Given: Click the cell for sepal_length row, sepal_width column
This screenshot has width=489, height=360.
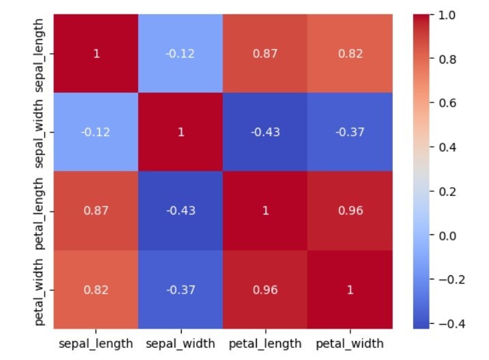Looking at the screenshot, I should tap(180, 53).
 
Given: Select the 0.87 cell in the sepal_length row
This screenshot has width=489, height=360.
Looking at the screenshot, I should tap(265, 53).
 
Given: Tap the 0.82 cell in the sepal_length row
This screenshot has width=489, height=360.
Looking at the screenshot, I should tap(350, 53).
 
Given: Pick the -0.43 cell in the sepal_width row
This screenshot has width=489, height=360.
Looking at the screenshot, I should tap(265, 132).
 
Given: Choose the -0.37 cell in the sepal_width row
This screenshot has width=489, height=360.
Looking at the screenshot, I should tap(350, 132).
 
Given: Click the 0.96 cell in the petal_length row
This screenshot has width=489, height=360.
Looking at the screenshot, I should tap(350, 210).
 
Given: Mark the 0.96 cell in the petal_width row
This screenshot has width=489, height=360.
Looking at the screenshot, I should tap(265, 290).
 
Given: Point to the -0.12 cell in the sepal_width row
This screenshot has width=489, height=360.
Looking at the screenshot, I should tap(96, 132).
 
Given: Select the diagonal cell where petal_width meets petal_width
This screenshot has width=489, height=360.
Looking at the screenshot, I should tap(350, 290).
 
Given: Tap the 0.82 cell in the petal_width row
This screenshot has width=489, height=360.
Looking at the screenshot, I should tap(96, 290).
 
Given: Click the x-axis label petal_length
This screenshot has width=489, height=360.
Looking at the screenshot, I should tap(265, 343).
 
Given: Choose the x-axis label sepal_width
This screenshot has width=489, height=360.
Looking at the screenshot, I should tap(180, 343).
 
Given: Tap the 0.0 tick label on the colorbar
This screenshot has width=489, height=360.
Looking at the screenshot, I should tap(447, 236).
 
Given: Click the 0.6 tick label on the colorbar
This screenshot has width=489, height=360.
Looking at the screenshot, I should tap(447, 103).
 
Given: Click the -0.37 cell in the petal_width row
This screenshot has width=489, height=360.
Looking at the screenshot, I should tap(180, 290).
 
